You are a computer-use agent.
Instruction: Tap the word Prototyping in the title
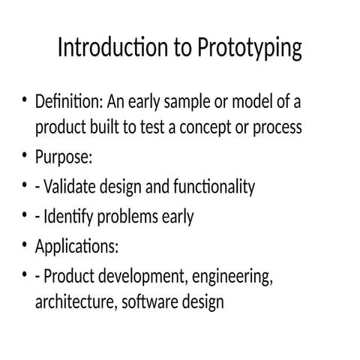tap(250, 49)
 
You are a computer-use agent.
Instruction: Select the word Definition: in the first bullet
tap(70, 101)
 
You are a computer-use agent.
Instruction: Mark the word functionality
tap(214, 187)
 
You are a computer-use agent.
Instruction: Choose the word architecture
tap(72, 303)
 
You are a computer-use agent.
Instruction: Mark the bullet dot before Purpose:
tap(25, 157)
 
